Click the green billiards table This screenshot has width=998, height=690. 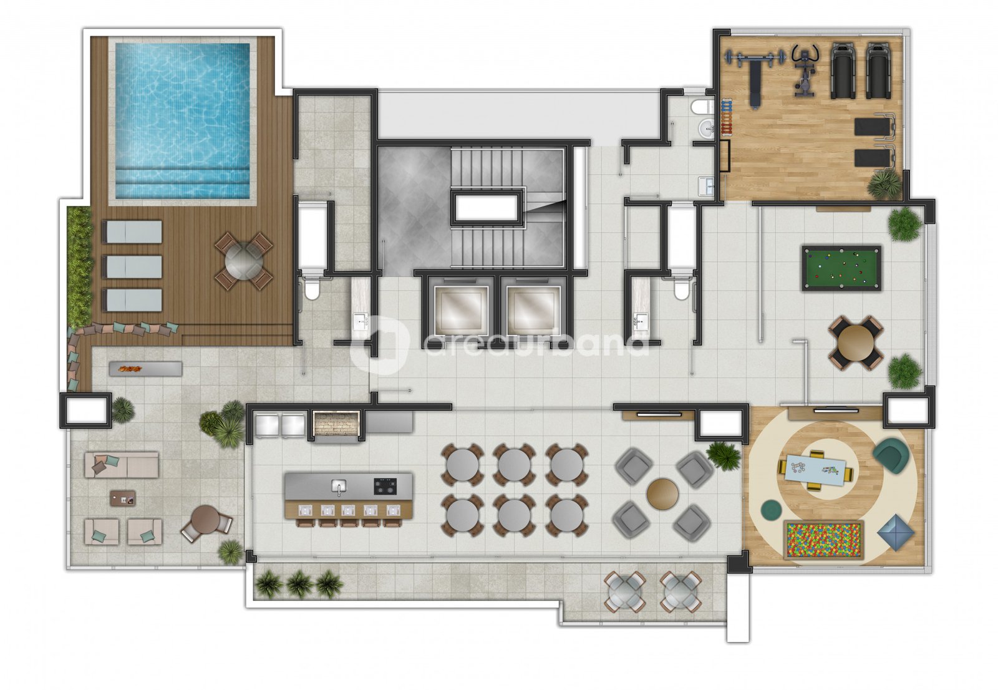[841, 268]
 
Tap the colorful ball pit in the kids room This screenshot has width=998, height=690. [823, 540]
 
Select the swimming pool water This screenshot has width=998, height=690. [183, 120]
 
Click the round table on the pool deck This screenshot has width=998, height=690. [243, 261]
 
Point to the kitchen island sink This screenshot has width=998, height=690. [339, 486]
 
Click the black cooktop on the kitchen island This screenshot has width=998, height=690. [385, 486]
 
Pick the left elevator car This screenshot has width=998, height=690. [461, 310]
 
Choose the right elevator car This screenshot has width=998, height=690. [533, 310]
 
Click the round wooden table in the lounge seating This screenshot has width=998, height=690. [662, 494]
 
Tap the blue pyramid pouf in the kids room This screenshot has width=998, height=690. [896, 532]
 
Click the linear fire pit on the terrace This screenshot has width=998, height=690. [145, 369]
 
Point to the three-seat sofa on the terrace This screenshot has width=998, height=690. [121, 465]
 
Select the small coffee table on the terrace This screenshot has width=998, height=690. [123, 498]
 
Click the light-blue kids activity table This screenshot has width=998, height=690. [815, 470]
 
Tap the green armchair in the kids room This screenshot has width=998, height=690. [891, 454]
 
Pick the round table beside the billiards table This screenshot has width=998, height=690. [855, 343]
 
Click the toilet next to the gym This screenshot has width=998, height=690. [702, 107]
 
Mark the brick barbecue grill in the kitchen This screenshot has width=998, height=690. [336, 424]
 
